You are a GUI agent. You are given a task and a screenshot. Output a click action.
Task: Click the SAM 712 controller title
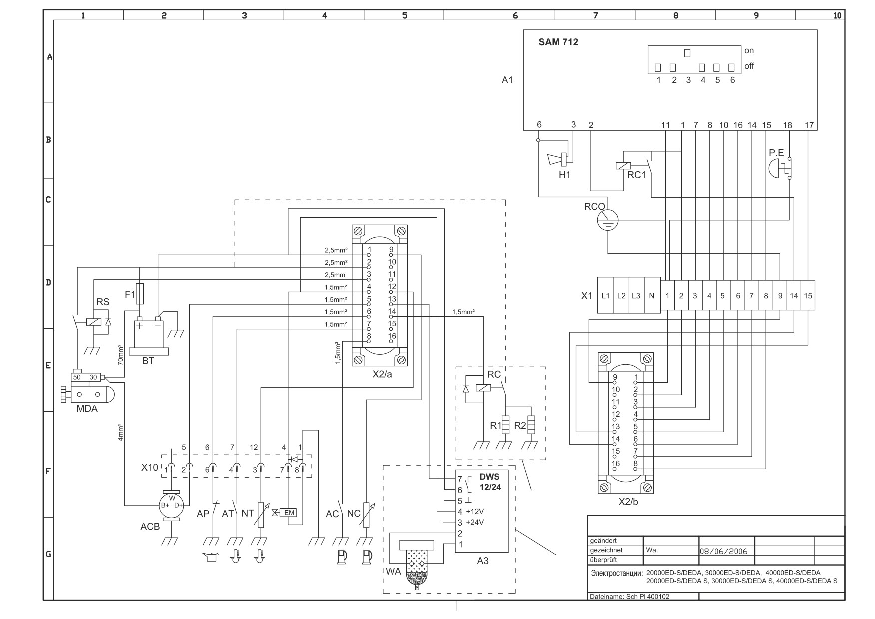(x=558, y=42)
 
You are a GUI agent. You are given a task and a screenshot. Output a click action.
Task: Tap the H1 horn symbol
(x=559, y=159)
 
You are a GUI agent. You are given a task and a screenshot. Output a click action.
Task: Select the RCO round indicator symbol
(x=608, y=219)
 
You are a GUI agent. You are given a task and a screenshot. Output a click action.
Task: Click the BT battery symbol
(x=149, y=335)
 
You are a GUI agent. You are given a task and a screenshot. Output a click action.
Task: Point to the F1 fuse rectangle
(x=140, y=293)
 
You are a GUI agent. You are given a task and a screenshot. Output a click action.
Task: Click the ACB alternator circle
(x=172, y=505)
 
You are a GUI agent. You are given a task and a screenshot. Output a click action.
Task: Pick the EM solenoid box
(x=289, y=512)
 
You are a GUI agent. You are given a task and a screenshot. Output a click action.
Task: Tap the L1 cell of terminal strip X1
(x=605, y=295)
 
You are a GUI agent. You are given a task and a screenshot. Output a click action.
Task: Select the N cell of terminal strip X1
(x=652, y=295)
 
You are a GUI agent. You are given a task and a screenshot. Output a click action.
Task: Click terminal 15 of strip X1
(x=808, y=295)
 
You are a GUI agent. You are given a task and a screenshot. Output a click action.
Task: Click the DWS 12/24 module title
(x=490, y=482)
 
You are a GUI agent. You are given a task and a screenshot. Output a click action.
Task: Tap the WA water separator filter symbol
(x=417, y=565)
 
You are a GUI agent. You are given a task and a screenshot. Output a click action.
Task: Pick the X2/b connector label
(x=628, y=502)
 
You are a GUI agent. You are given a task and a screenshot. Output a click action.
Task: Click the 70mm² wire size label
(x=120, y=354)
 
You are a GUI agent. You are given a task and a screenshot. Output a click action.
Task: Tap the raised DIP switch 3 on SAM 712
(x=687, y=53)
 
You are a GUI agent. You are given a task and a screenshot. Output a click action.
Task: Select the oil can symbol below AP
(x=212, y=557)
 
